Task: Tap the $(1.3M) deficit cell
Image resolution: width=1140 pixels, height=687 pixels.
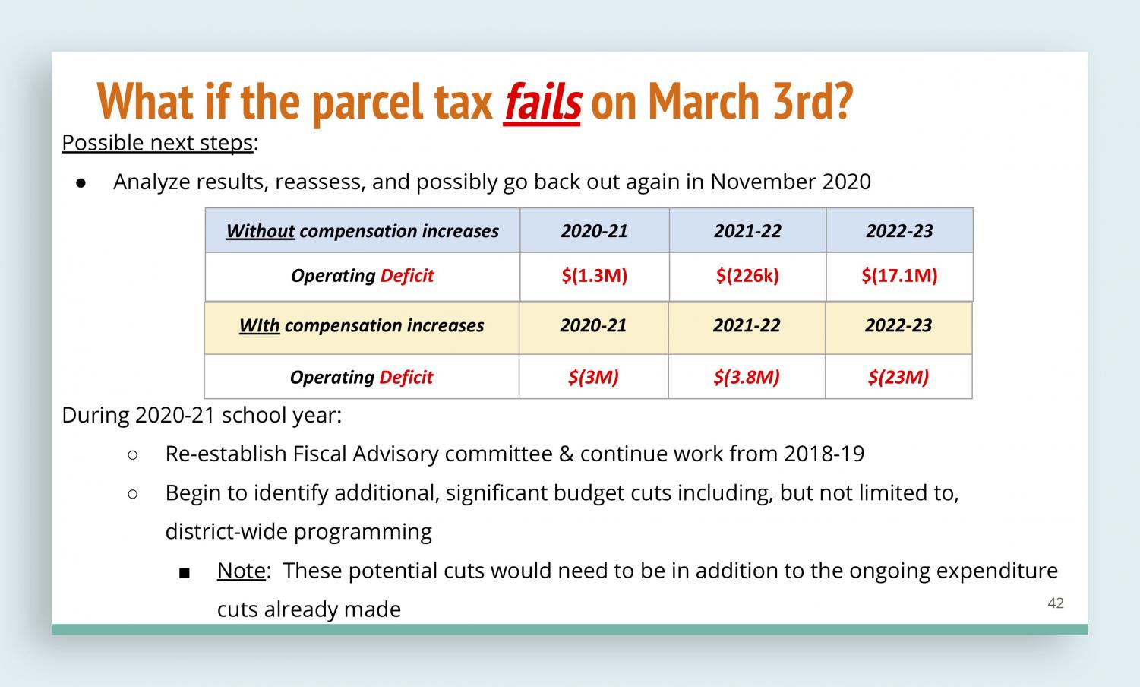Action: click(595, 276)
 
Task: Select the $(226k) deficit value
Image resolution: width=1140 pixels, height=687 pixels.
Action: click(747, 276)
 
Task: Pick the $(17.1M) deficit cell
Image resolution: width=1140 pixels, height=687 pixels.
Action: click(899, 276)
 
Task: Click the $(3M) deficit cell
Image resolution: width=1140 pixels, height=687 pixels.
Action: click(593, 377)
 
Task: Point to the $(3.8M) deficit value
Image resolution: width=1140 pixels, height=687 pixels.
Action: click(747, 377)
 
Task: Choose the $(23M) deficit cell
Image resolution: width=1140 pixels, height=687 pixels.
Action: click(898, 377)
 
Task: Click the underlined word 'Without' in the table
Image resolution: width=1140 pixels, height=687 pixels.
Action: click(261, 231)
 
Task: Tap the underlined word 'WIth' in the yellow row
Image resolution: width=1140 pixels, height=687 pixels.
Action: click(260, 325)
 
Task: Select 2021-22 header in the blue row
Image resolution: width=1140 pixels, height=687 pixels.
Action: click(747, 231)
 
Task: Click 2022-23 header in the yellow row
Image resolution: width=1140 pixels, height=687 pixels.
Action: click(898, 325)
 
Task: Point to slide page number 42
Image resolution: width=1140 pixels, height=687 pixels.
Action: click(1056, 603)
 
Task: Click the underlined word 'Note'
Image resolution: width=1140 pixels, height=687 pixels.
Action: click(242, 571)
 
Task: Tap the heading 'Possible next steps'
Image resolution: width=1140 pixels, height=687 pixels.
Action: click(158, 143)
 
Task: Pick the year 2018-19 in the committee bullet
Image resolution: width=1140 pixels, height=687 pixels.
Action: click(824, 454)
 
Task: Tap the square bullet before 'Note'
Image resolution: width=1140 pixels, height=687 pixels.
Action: click(185, 574)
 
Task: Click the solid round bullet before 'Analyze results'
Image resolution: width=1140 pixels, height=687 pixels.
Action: click(81, 183)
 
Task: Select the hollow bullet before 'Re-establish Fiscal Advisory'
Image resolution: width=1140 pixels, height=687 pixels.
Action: click(133, 455)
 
